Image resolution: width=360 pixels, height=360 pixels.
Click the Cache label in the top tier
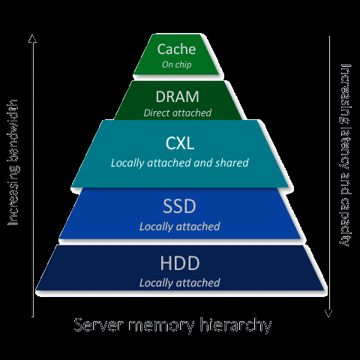coord(176,49)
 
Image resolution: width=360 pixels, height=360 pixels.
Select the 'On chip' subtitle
coord(176,64)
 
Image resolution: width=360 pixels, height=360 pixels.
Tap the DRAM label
coord(177,97)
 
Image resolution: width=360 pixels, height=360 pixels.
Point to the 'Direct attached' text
coord(178,113)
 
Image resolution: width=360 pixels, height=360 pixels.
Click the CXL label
coord(180,143)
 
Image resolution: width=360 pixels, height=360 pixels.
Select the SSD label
coord(179,206)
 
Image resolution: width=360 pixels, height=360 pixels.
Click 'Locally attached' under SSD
coord(179,226)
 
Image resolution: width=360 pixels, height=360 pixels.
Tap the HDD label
coord(180,263)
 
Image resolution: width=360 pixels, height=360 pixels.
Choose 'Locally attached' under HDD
coord(179,283)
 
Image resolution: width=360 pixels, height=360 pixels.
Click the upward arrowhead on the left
coord(32,38)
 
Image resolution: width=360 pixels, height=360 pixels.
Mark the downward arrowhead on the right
coord(328,313)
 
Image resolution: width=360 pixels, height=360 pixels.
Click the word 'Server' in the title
coord(99,325)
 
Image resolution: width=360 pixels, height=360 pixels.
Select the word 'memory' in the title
coord(161,326)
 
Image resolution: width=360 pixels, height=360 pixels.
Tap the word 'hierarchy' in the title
coord(235,325)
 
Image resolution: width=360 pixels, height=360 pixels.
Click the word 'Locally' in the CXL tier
coord(127,163)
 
